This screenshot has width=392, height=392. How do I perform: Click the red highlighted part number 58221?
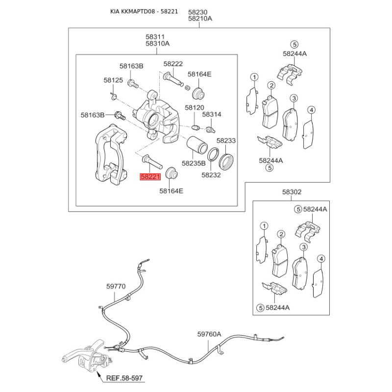150,177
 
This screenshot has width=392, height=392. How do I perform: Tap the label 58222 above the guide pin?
173,64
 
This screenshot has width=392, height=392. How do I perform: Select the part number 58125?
113,80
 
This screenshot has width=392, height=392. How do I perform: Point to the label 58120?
194,107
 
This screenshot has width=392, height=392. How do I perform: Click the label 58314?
212,114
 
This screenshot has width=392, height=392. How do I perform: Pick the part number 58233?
226,141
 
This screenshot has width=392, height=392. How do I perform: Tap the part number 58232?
211,174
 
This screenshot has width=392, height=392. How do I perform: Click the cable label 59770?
116,286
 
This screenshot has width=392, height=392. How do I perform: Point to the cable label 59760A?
209,334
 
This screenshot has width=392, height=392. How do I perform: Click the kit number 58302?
292,193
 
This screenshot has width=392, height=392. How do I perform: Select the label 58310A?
157,44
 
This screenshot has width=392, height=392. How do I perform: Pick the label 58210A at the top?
200,19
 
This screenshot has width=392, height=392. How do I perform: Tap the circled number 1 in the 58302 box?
264,226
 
